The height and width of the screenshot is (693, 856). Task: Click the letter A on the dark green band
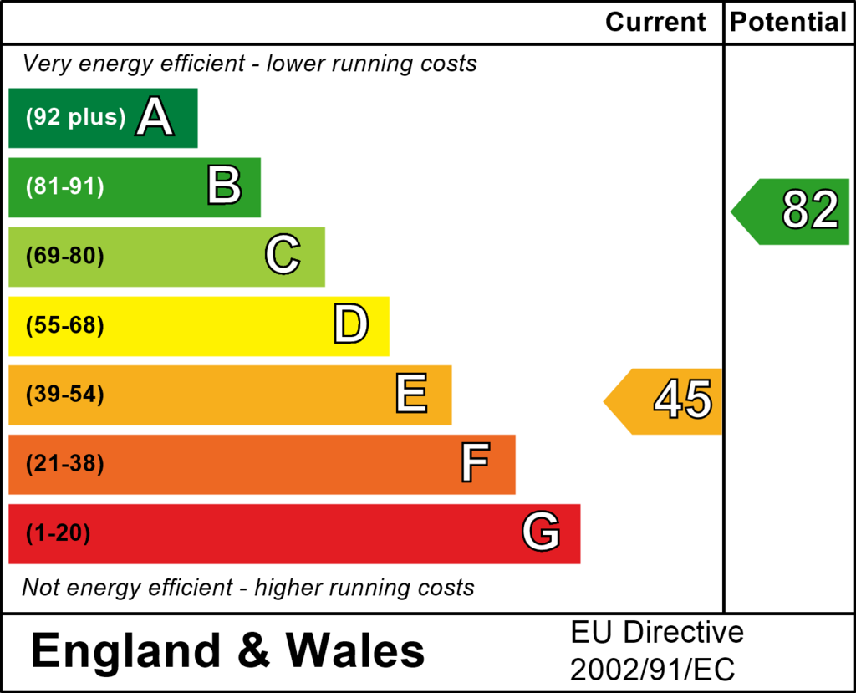155,117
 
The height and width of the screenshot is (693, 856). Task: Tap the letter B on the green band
224,186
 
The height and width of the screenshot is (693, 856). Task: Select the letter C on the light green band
283,256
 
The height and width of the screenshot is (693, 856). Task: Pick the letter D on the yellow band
350,325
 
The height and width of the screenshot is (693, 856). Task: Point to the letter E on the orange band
411,395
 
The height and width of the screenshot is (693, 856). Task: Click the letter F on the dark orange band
475,464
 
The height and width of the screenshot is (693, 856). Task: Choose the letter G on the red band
541,532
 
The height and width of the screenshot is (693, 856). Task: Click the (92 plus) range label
75,118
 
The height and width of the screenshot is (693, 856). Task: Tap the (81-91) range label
65,187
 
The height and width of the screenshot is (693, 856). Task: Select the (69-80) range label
65,257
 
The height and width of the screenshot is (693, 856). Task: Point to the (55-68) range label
65,326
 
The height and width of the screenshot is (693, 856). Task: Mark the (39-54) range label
65,395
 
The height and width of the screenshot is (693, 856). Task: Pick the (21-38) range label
65,464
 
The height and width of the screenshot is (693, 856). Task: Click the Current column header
656,22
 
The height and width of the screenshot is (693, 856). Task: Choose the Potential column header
788,22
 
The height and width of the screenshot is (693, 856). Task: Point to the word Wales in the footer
355,650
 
